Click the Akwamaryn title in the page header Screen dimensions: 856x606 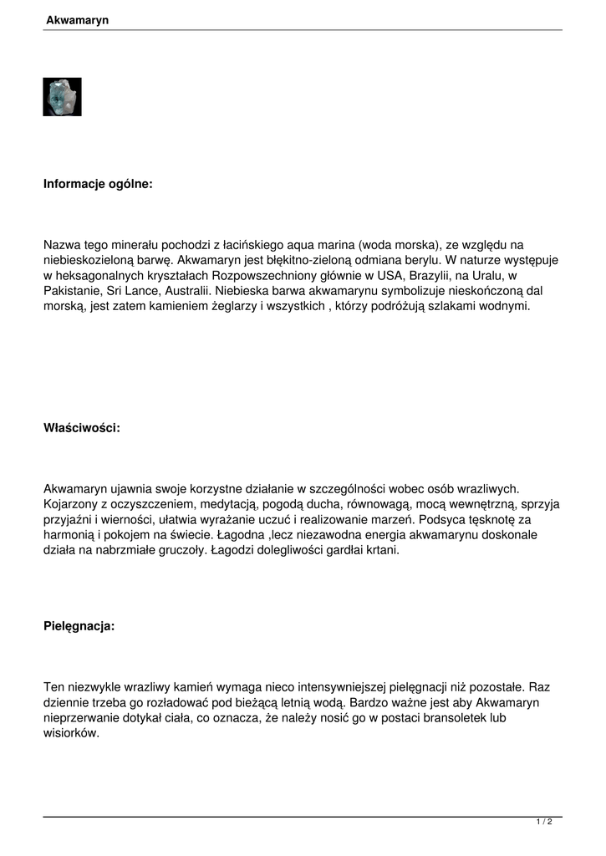tap(77, 19)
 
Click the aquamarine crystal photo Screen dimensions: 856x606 tap(62, 97)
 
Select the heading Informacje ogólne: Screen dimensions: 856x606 tap(98, 184)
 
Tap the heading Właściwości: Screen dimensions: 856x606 tap(82, 428)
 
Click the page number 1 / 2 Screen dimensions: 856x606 tap(543, 823)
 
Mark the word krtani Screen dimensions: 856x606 tap(382, 550)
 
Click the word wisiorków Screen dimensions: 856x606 tap(71, 733)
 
